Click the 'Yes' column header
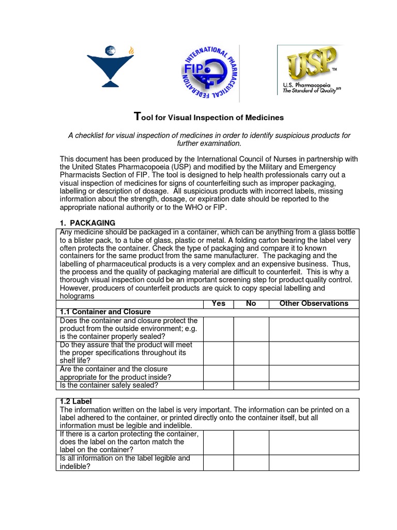pos(219,304)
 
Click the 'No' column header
pos(251,304)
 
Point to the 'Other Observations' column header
pos(314,304)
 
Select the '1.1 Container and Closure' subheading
pos(105,312)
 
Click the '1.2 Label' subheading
pos(75,402)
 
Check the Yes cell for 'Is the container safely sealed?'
pos(219,385)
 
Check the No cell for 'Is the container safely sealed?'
pos(251,385)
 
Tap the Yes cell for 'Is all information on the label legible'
pos(219,463)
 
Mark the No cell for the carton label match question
pos(251,443)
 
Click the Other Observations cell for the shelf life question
pos(314,354)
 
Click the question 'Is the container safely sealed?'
pos(110,385)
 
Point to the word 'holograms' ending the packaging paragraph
pos(77,296)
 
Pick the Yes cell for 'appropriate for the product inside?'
pos(219,374)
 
